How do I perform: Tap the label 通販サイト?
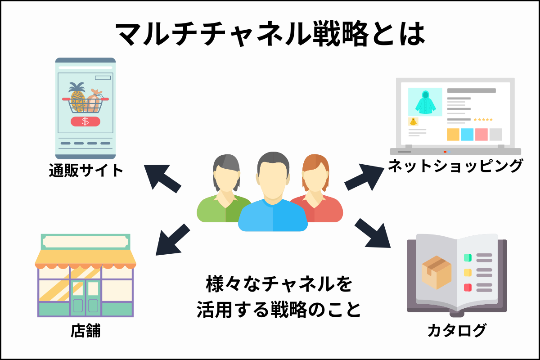(x=86, y=170)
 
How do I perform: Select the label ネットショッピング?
(x=455, y=166)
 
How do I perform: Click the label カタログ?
(x=457, y=330)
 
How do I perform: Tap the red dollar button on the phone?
(x=85, y=121)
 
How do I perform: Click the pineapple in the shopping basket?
(x=77, y=97)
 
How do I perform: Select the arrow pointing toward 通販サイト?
(x=162, y=178)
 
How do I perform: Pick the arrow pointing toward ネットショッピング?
(x=364, y=177)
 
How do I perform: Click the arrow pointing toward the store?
(x=172, y=240)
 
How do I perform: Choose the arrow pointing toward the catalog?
(x=373, y=233)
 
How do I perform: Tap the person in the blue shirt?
(x=273, y=192)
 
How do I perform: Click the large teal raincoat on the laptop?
(x=425, y=102)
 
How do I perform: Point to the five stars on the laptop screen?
(x=483, y=120)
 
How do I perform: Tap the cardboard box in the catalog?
(x=436, y=272)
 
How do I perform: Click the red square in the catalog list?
(x=468, y=288)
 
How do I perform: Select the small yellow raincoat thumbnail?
(x=413, y=121)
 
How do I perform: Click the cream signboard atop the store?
(x=85, y=242)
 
